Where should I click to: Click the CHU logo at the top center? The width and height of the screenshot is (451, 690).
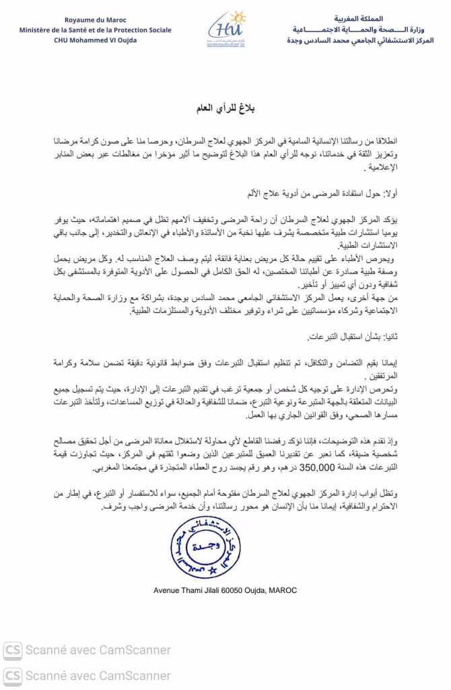pyautogui.click(x=226, y=29)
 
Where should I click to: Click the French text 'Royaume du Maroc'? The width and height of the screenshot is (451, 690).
pyautogui.click(x=95, y=20)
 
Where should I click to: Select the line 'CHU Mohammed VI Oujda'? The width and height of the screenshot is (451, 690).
pyautogui.click(x=95, y=40)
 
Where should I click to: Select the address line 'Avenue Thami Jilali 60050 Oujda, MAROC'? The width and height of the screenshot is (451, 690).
pyautogui.click(x=225, y=590)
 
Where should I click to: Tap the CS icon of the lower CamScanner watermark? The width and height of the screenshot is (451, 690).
pyautogui.click(x=12, y=675)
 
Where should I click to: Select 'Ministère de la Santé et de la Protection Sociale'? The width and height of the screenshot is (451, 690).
pyautogui.click(x=95, y=30)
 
